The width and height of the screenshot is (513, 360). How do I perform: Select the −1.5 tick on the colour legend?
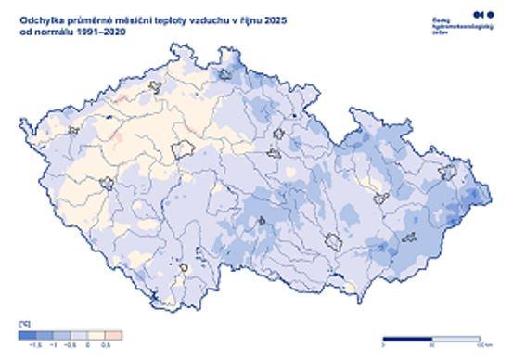click(36, 343)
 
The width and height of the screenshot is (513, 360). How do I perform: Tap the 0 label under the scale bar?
click(383, 345)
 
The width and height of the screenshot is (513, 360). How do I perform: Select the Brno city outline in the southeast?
click(332, 243)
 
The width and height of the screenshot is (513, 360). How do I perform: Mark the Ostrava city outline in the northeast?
click(453, 170)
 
